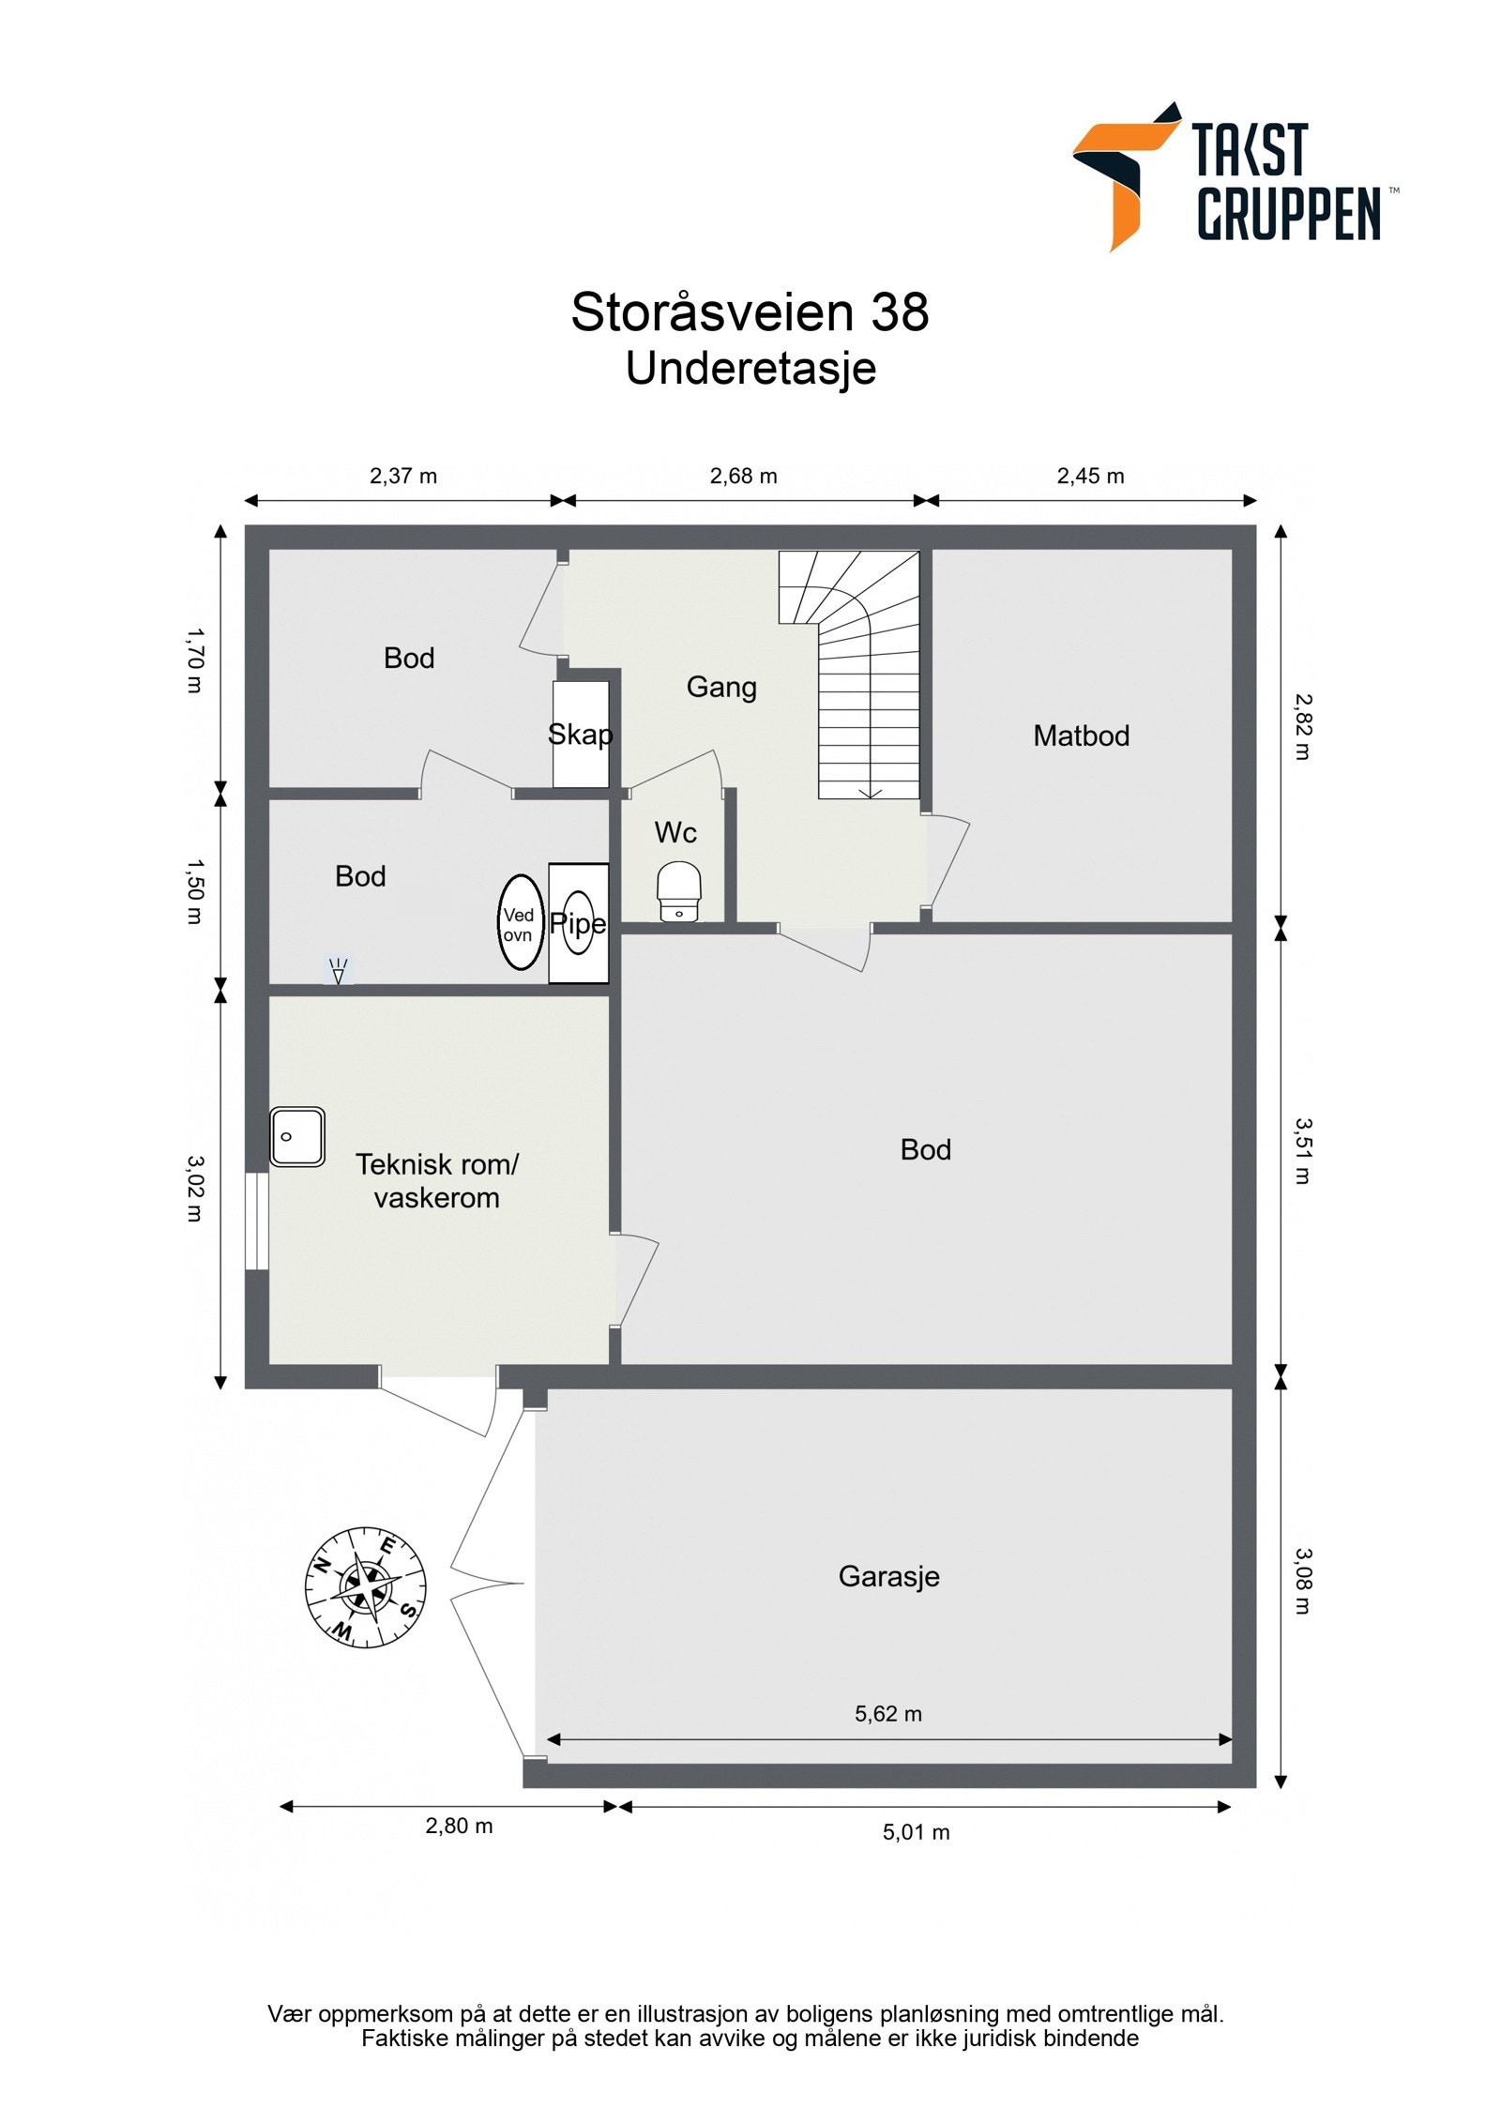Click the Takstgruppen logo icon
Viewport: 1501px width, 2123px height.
click(x=1123, y=175)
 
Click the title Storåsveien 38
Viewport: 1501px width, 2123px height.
click(x=750, y=312)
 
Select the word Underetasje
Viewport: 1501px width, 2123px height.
click(x=750, y=369)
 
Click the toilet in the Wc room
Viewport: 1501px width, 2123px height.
click(x=679, y=893)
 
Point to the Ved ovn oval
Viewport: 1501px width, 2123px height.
click(x=520, y=923)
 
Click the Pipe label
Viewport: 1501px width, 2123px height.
click(x=578, y=923)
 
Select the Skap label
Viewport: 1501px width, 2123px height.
click(x=580, y=734)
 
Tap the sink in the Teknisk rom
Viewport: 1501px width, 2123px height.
click(x=297, y=1137)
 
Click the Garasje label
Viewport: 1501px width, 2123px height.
click(x=888, y=1576)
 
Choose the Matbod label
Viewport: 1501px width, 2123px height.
click(x=1081, y=735)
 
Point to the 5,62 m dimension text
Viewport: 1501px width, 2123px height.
click(x=887, y=1714)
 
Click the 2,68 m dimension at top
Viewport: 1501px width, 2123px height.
click(x=743, y=476)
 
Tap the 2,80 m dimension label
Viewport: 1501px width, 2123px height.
click(x=459, y=1826)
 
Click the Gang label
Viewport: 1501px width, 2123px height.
click(x=721, y=687)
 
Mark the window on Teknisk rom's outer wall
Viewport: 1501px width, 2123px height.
click(x=256, y=1221)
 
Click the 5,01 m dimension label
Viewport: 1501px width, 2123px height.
click(x=916, y=1832)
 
